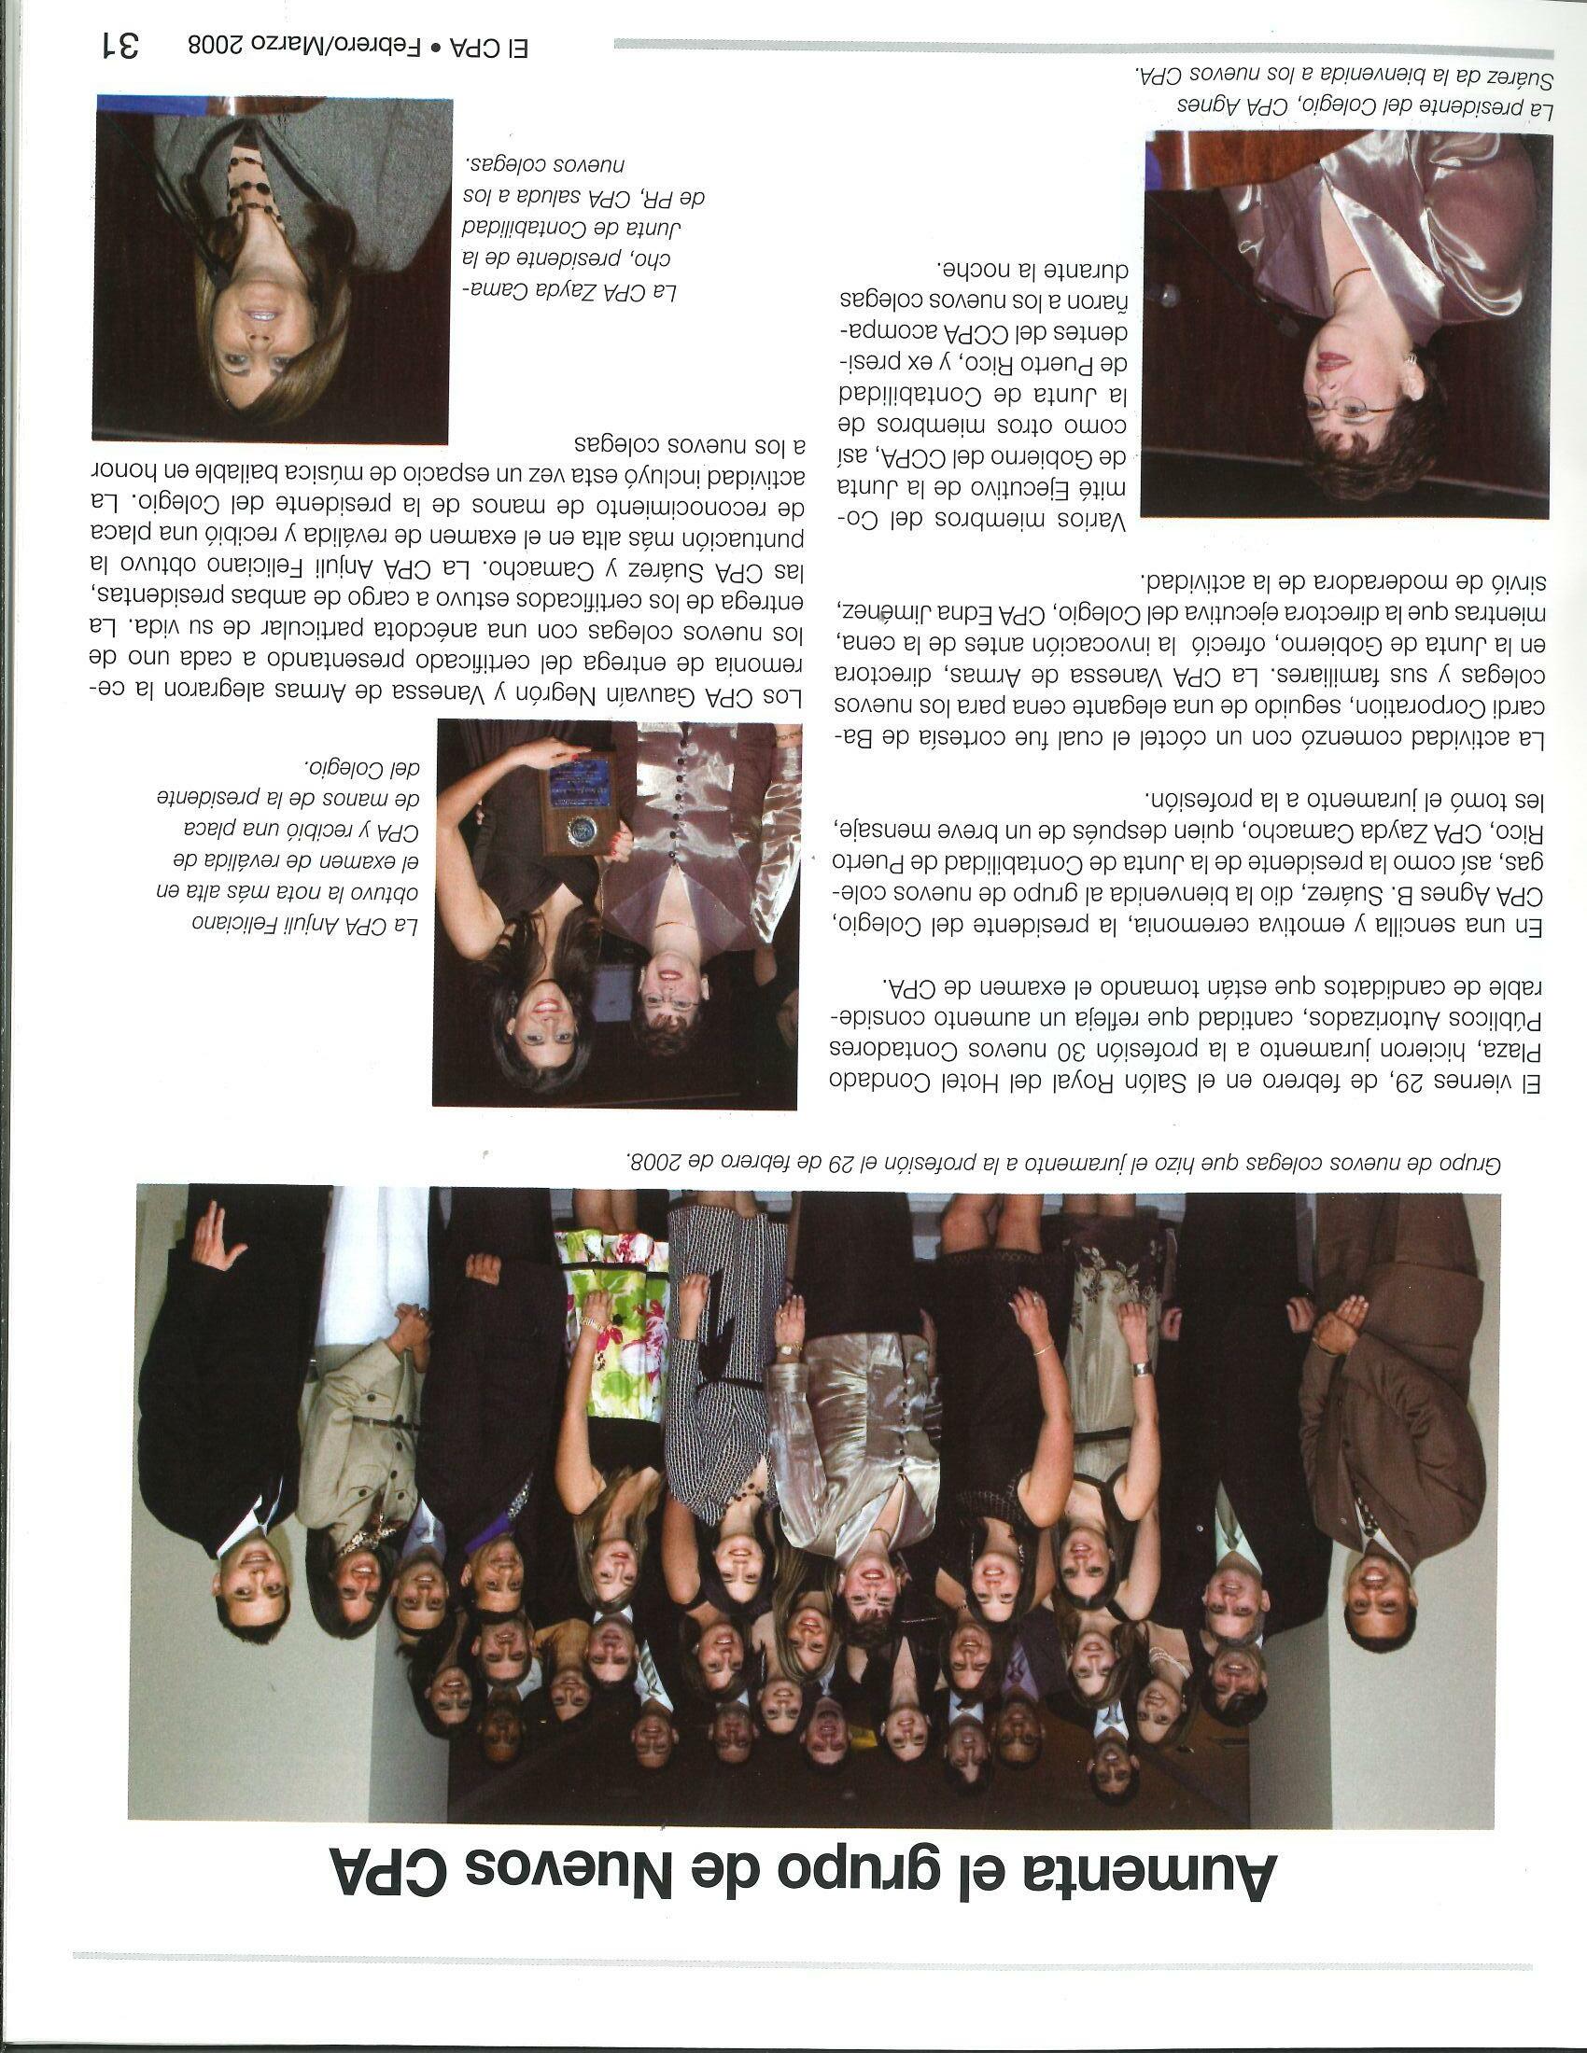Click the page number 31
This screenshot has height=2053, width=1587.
pos(121,43)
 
